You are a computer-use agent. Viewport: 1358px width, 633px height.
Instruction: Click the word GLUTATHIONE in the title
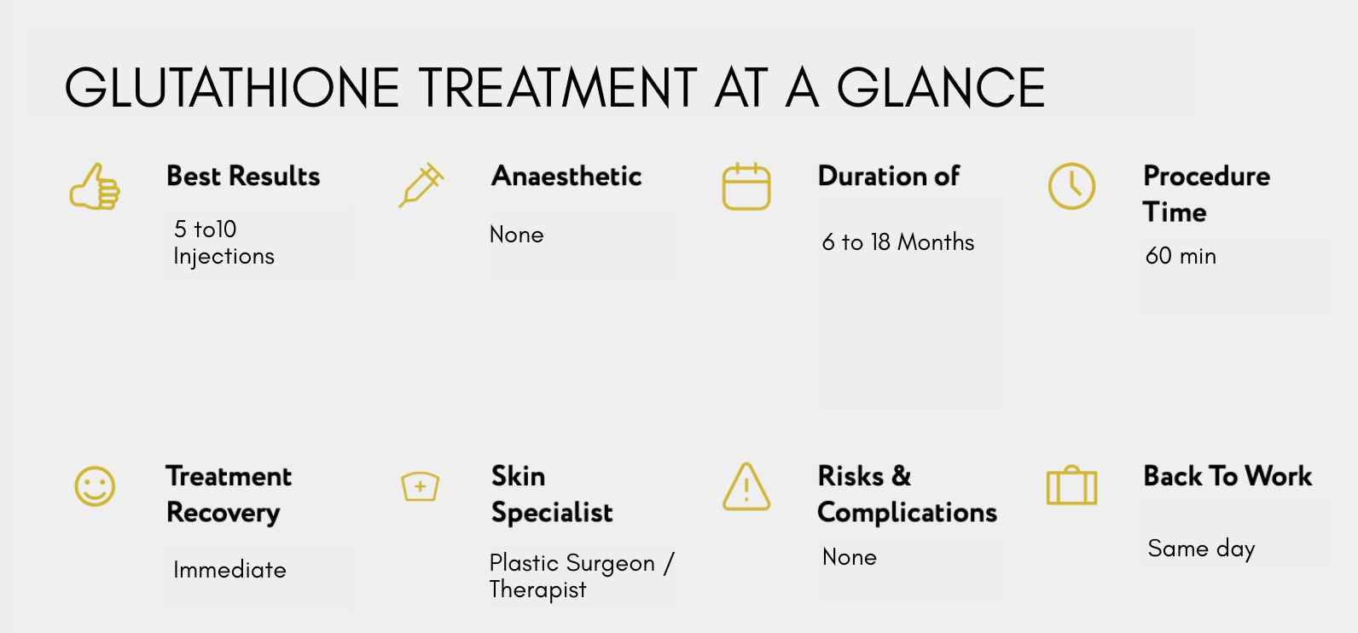(231, 88)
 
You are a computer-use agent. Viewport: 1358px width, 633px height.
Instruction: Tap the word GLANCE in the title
(942, 88)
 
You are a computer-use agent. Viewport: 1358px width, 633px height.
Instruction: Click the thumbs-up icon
(95, 187)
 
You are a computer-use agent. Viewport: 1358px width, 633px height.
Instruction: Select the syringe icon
(421, 185)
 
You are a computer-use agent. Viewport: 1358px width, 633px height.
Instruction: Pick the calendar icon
(746, 187)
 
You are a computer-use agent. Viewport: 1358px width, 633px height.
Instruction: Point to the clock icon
(1072, 186)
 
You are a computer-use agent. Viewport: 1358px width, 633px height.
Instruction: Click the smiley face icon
(95, 485)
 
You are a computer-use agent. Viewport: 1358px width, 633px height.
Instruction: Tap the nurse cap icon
(421, 486)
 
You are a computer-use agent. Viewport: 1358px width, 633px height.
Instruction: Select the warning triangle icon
(746, 486)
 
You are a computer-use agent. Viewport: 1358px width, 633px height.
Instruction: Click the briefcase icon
(1072, 485)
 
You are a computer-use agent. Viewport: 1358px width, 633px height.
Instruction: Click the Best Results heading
(243, 177)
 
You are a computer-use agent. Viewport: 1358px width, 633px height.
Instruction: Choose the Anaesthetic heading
(566, 177)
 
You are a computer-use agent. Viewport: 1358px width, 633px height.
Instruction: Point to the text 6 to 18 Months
(898, 242)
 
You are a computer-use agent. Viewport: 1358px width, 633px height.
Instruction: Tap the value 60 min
(1181, 256)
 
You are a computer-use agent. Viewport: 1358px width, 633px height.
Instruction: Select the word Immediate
(229, 570)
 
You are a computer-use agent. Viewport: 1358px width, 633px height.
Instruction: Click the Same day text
(1201, 549)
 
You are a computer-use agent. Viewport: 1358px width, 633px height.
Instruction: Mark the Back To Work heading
(1227, 476)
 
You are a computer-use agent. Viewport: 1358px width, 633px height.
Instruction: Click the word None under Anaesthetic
(517, 235)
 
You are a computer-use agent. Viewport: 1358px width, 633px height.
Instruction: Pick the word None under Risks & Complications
(850, 557)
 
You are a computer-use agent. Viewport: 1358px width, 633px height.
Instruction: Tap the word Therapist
(537, 590)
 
